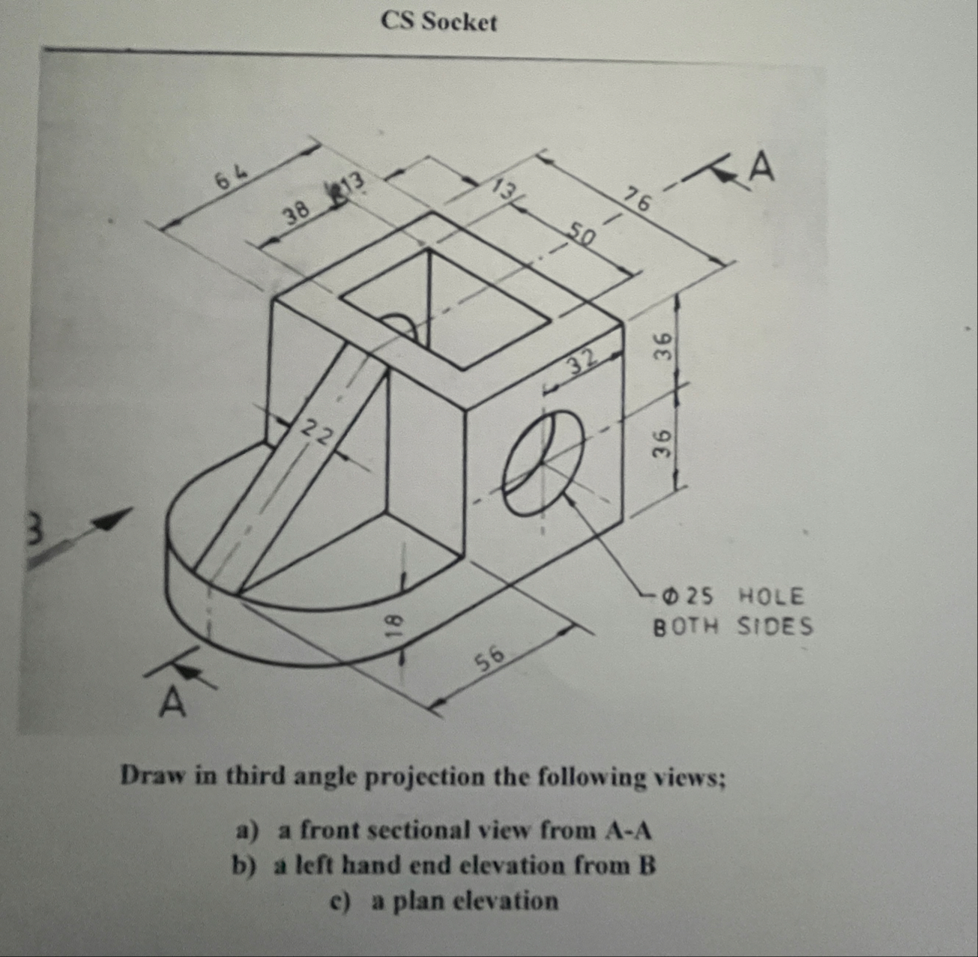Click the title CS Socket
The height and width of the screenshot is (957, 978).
[438, 22]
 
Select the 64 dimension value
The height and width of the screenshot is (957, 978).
[231, 179]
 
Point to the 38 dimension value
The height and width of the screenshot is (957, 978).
[297, 216]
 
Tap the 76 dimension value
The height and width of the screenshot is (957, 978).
[639, 200]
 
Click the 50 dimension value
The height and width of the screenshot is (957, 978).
[580, 235]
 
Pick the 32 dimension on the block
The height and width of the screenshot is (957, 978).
[582, 360]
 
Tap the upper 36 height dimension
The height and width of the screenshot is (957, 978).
[662, 346]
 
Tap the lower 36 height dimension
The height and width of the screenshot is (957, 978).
[662, 444]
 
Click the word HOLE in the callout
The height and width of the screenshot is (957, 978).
[771, 597]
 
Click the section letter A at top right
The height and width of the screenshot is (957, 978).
[761, 168]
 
